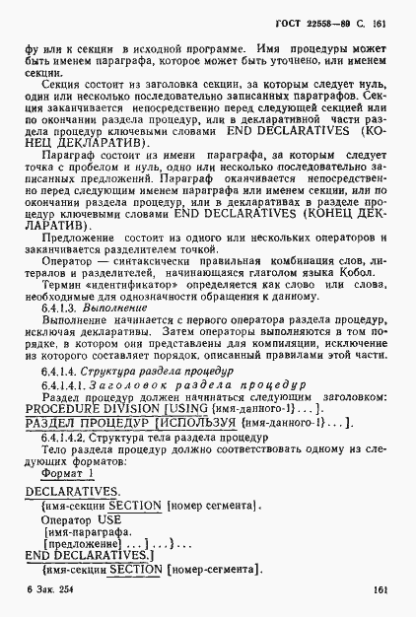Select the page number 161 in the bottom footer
click(x=383, y=591)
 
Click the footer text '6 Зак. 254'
click(x=43, y=590)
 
